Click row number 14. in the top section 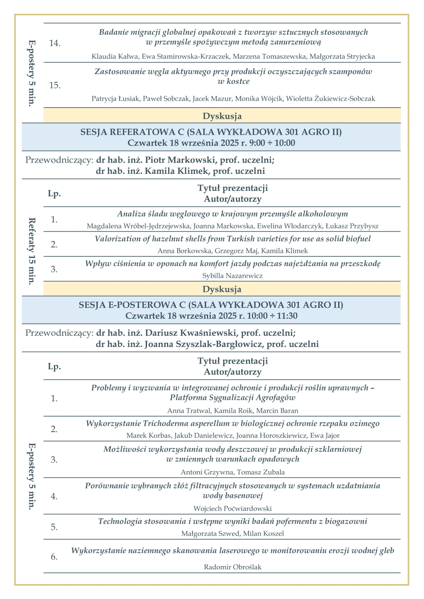(x=55, y=43)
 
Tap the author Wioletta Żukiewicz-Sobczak (x=331, y=99)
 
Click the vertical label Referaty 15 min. (x=32, y=251)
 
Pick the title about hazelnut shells (x=233, y=239)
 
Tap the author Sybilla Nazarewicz (x=233, y=276)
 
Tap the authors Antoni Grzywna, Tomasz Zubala (x=233, y=472)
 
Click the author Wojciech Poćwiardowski (x=233, y=509)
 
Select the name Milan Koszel (x=263, y=534)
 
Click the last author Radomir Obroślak (x=233, y=567)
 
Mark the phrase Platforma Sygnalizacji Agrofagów (x=233, y=398)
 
